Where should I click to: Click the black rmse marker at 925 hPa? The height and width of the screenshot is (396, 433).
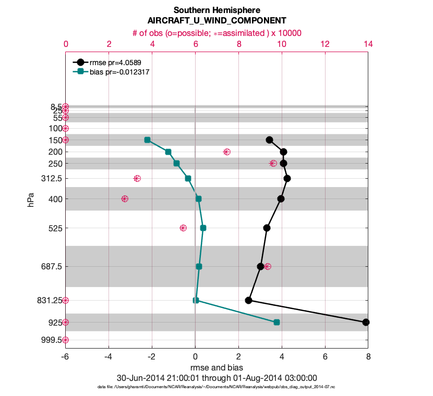[366, 322]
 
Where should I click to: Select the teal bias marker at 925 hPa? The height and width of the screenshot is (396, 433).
[276, 322]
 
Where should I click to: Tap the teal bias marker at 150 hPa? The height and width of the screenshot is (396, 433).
[147, 140]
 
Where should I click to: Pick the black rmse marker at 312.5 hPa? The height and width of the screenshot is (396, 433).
[287, 178]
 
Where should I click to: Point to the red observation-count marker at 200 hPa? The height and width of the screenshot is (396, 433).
[227, 152]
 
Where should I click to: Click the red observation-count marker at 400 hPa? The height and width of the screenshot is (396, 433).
[125, 199]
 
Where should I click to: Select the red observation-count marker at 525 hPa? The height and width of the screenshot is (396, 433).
[183, 228]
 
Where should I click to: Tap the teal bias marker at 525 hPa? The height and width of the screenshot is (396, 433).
[203, 228]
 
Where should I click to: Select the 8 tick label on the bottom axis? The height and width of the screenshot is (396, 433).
[368, 357]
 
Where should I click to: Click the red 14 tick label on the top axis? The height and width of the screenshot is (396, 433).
[368, 45]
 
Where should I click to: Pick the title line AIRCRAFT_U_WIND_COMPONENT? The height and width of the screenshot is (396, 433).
[216, 21]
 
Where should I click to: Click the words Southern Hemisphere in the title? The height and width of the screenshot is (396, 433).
[216, 10]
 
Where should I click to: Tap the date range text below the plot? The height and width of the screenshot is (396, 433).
[216, 378]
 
